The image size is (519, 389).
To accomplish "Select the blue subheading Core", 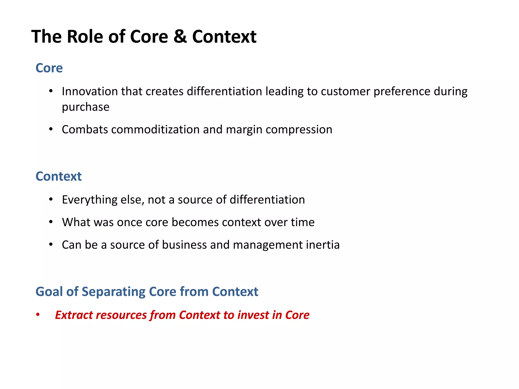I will pyautogui.click(x=49, y=68).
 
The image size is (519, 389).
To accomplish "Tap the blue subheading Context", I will pyautogui.click(x=59, y=176).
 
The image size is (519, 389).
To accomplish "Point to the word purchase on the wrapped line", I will pyautogui.click(x=86, y=107).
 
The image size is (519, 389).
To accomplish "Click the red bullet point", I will pyautogui.click(x=38, y=315).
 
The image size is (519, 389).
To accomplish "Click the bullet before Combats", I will pyautogui.click(x=51, y=129).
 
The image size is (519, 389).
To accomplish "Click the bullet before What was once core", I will pyautogui.click(x=51, y=222).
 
